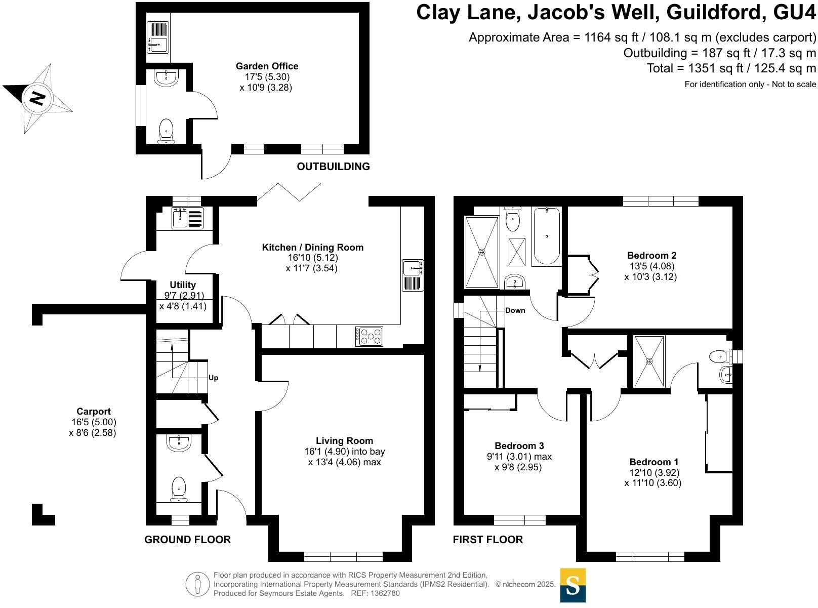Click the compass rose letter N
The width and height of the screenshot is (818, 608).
pos(36,97)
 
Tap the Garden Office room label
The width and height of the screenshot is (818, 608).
pos(267,66)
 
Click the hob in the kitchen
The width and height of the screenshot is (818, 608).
pos(369,337)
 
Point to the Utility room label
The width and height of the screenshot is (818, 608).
pos(182,285)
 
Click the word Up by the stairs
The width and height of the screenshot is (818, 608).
pos(214,378)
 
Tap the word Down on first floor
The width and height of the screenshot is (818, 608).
pos(515,310)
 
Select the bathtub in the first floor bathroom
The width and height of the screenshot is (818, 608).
pos(547,236)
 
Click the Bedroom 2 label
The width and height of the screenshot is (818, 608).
pos(651,256)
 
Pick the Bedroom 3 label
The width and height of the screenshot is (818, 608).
pos(519,446)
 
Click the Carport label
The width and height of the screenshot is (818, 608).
pos(94,412)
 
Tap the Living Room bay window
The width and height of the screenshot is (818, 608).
pos(344,557)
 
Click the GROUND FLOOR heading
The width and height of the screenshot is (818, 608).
pos(187,540)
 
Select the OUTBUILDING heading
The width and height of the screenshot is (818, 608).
pos(333,167)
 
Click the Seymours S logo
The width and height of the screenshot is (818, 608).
pos(573,585)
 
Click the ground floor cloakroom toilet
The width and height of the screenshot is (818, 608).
pos(179,489)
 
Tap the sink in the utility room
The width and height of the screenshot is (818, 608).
pos(180,218)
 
